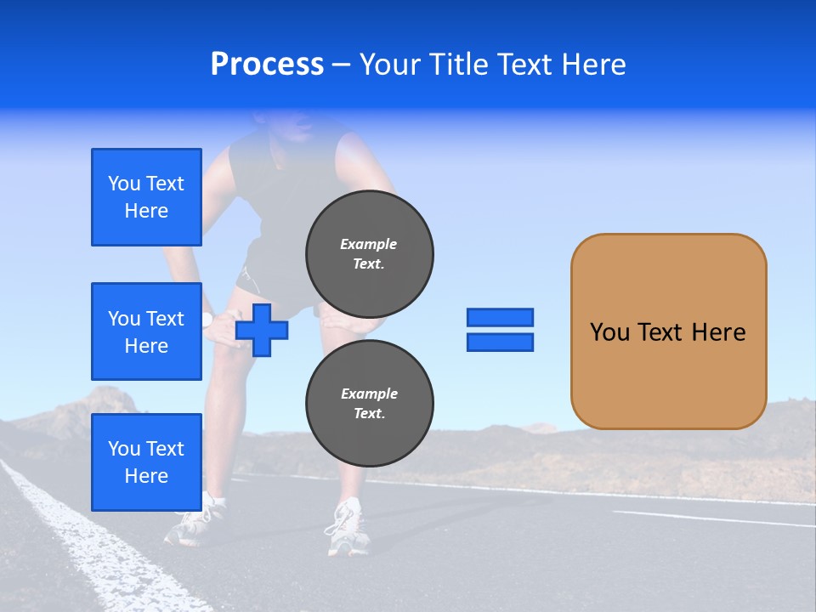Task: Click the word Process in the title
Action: [x=267, y=65]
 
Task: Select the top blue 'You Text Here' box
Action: [x=146, y=197]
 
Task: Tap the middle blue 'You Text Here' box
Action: [x=146, y=331]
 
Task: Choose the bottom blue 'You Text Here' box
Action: [x=146, y=462]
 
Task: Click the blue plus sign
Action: [x=262, y=330]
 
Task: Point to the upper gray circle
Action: [x=370, y=253]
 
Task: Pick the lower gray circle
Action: [x=370, y=403]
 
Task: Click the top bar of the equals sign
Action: [x=500, y=318]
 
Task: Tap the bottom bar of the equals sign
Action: [x=500, y=342]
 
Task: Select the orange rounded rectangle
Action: [x=668, y=331]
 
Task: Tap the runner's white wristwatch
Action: [x=207, y=320]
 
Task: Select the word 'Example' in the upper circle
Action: [x=369, y=244]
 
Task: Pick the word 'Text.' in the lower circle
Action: [x=369, y=414]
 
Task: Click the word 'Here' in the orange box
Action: [x=718, y=332]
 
